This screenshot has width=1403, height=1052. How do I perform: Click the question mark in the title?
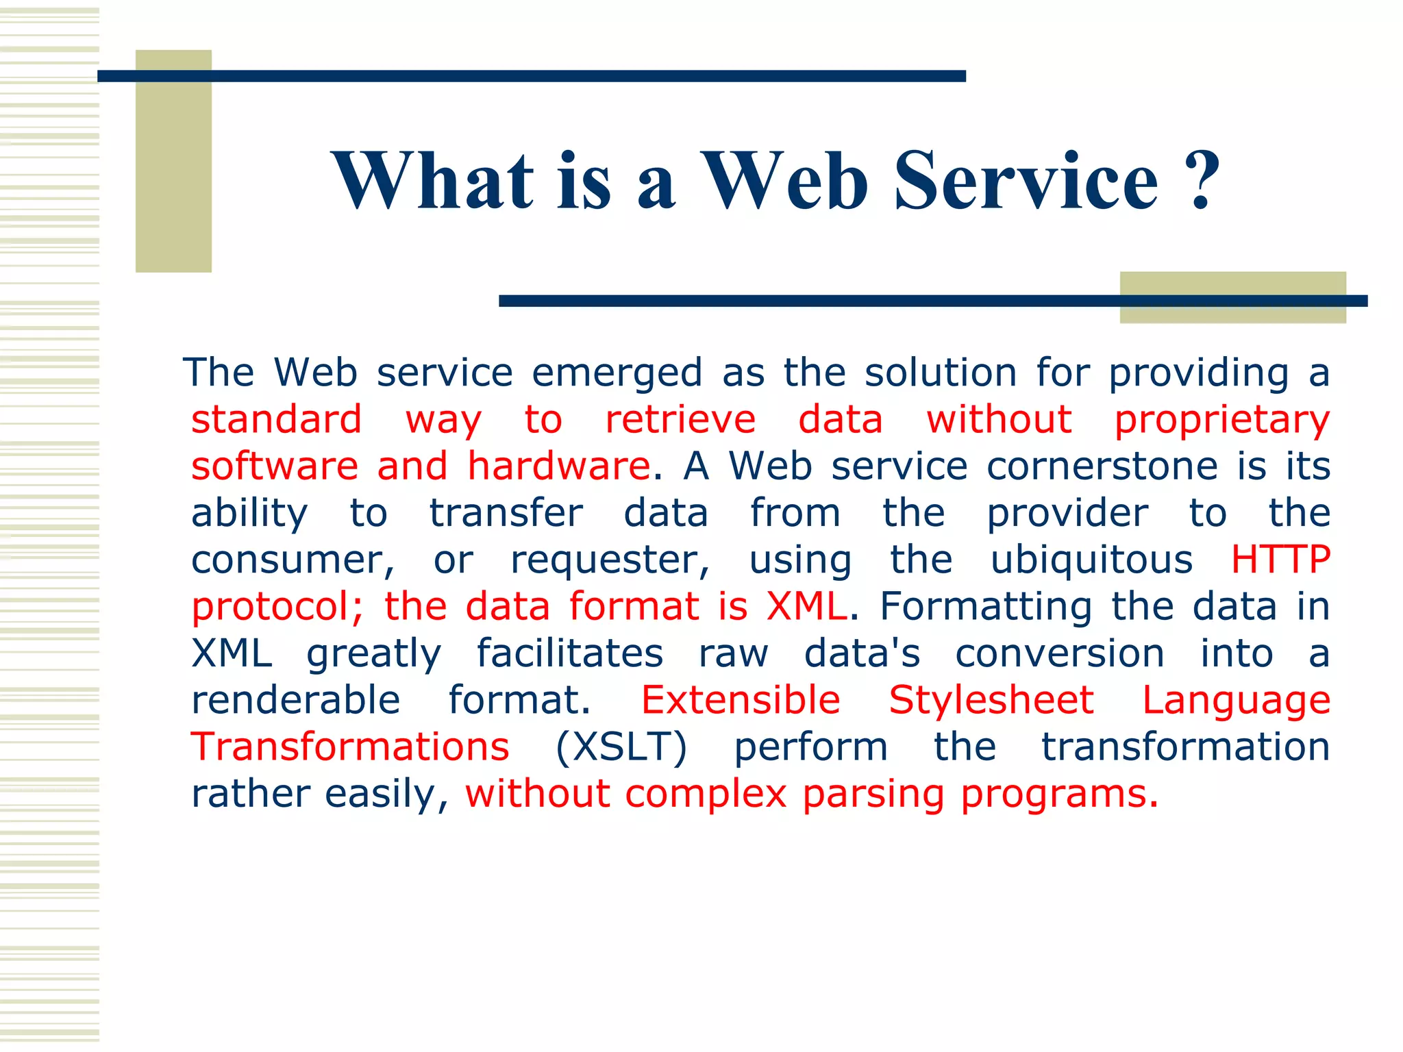pyautogui.click(x=1204, y=179)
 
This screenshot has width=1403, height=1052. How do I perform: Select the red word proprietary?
pyautogui.click(x=1221, y=420)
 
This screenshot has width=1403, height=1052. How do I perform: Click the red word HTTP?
pyautogui.click(x=1280, y=560)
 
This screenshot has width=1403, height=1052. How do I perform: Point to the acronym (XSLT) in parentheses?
pyautogui.click(x=621, y=747)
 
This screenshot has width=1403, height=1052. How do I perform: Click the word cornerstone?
pyautogui.click(x=1102, y=466)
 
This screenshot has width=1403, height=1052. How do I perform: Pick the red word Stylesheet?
pyautogui.click(x=991, y=700)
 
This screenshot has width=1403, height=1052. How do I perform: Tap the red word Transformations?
pyautogui.click(x=350, y=747)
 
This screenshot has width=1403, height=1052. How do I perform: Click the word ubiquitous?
pyautogui.click(x=1091, y=560)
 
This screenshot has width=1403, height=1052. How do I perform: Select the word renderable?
pyautogui.click(x=295, y=700)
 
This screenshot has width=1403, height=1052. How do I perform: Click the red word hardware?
pyautogui.click(x=558, y=466)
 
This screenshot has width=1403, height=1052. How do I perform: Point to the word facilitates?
pyautogui.click(x=569, y=653)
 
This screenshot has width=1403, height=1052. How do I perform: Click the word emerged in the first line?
pyautogui.click(x=617, y=373)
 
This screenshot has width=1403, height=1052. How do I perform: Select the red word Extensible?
pyautogui.click(x=741, y=700)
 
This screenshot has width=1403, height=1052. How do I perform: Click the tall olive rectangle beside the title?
pyautogui.click(x=173, y=161)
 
